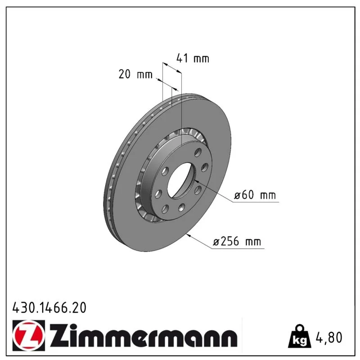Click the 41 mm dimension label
tap(193, 58)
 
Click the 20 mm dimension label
tap(135, 74)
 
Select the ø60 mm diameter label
tap(255, 195)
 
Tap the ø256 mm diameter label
tap(237, 242)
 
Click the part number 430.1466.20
tap(49, 308)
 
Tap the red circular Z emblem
tap(28, 335)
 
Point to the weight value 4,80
tap(329, 337)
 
